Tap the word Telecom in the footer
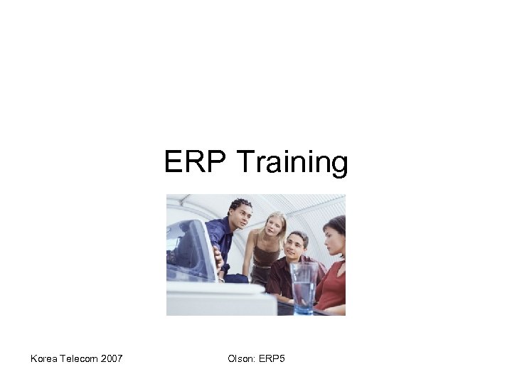pos(80,360)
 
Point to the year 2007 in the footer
pos(112,360)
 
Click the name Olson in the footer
pos(240,360)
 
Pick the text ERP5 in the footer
pos(272,360)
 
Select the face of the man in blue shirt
pos(238,216)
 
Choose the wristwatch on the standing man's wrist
pos(224,268)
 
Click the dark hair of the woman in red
pos(337,223)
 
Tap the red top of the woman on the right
pos(332,284)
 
